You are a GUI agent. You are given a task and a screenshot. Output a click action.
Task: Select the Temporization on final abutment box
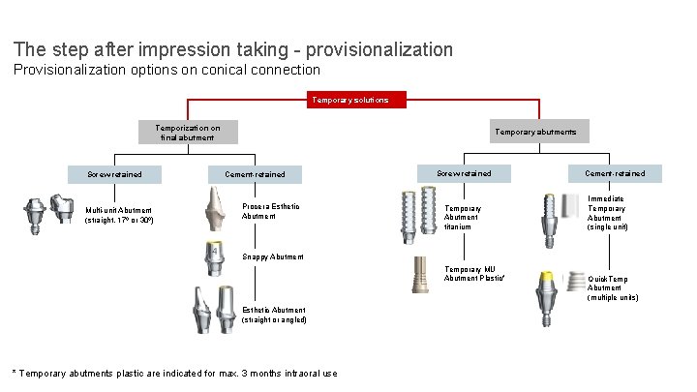click(188, 132)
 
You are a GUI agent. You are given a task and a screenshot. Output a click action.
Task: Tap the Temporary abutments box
click(535, 132)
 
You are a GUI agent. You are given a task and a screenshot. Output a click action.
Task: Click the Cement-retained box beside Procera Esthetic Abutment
click(256, 174)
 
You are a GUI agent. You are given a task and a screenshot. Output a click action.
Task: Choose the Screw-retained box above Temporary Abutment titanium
click(464, 173)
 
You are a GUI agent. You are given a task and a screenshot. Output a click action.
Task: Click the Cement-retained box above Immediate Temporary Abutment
click(614, 173)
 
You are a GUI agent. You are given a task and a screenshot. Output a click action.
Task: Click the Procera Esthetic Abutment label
click(270, 210)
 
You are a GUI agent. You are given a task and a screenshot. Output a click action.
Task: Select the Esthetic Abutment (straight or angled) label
click(274, 315)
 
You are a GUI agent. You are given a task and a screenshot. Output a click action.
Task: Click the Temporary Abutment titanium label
click(463, 217)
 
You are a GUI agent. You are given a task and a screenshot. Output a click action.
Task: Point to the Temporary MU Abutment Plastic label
click(474, 273)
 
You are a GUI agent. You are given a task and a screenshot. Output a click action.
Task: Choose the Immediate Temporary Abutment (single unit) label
click(608, 212)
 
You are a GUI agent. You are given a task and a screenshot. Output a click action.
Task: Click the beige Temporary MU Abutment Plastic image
click(420, 278)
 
